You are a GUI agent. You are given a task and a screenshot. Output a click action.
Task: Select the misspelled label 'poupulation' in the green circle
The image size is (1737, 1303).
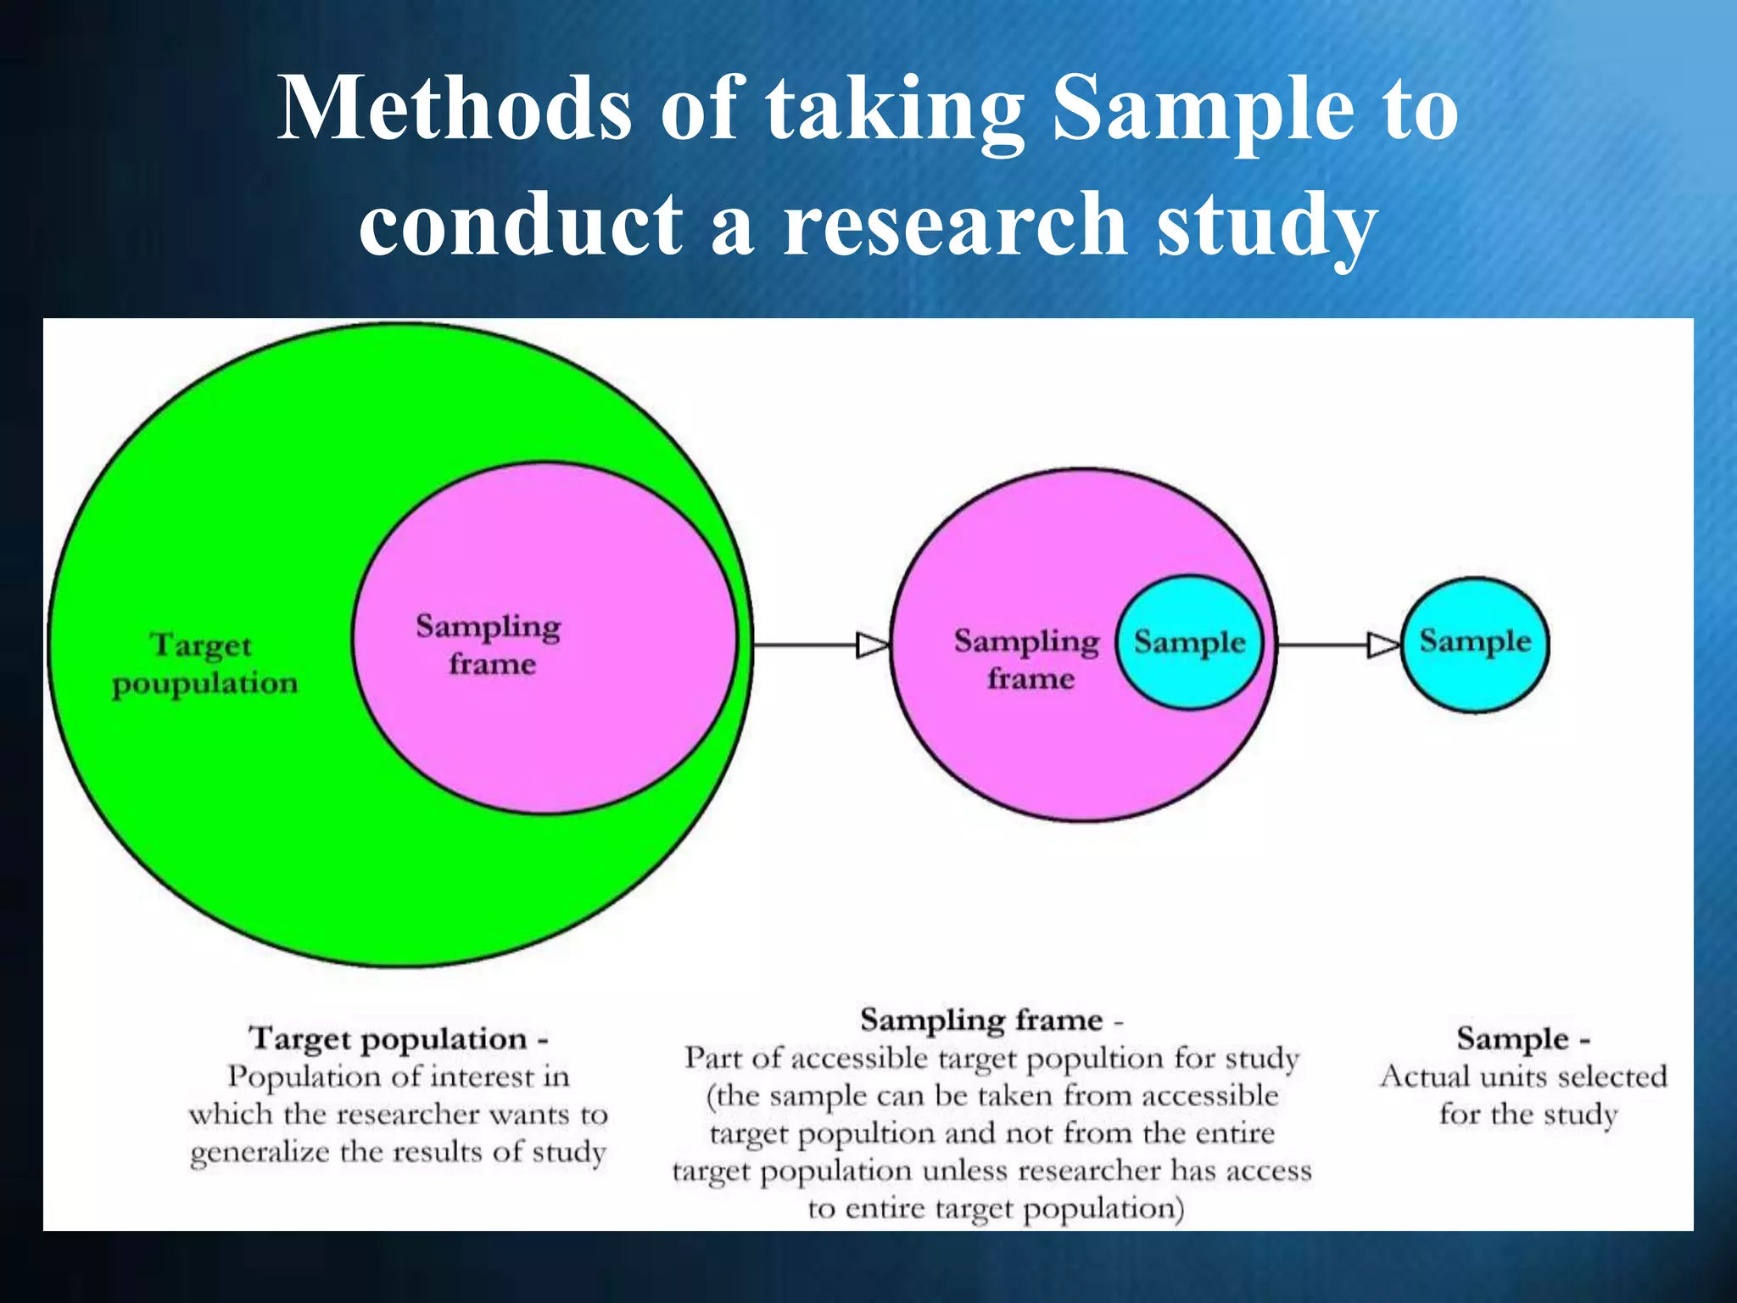(205, 684)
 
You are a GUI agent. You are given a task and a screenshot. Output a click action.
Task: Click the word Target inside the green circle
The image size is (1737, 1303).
(202, 645)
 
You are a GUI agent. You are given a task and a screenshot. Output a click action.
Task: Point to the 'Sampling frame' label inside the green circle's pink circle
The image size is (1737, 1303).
(489, 645)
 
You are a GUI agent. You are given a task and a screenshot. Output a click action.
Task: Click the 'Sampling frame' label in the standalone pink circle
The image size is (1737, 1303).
(1027, 659)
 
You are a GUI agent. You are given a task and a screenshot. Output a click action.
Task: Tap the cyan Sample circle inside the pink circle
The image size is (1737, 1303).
(1189, 642)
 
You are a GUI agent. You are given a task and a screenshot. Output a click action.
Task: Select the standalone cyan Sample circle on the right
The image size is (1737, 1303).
(1475, 642)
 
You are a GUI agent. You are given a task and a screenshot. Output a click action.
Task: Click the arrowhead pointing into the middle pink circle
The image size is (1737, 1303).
(872, 646)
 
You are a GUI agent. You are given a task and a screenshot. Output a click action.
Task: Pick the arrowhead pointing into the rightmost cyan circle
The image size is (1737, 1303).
(1382, 646)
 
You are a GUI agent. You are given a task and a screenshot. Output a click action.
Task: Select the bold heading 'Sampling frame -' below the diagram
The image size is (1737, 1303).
(991, 1020)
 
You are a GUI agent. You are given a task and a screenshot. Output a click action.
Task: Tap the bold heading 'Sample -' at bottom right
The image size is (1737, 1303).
(1522, 1038)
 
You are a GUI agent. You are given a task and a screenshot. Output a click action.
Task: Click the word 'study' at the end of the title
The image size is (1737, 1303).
(1266, 226)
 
